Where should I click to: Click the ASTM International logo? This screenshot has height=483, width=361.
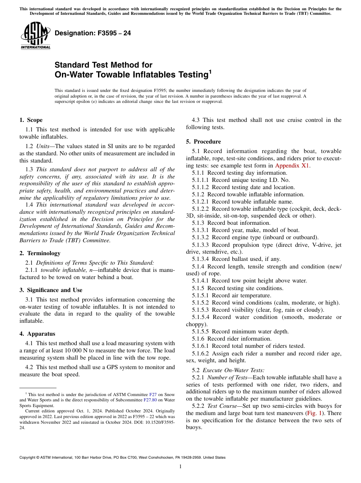click(x=35, y=35)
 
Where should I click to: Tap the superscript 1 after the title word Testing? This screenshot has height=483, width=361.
click(x=210, y=71)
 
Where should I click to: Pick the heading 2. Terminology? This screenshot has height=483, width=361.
click(x=40, y=253)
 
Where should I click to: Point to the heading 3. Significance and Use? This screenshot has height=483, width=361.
click(x=51, y=290)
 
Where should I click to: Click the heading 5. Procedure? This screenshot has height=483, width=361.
click(x=203, y=142)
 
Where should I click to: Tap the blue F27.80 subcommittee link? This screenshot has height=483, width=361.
click(x=150, y=399)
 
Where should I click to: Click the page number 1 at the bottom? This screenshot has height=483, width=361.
click(x=180, y=467)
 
